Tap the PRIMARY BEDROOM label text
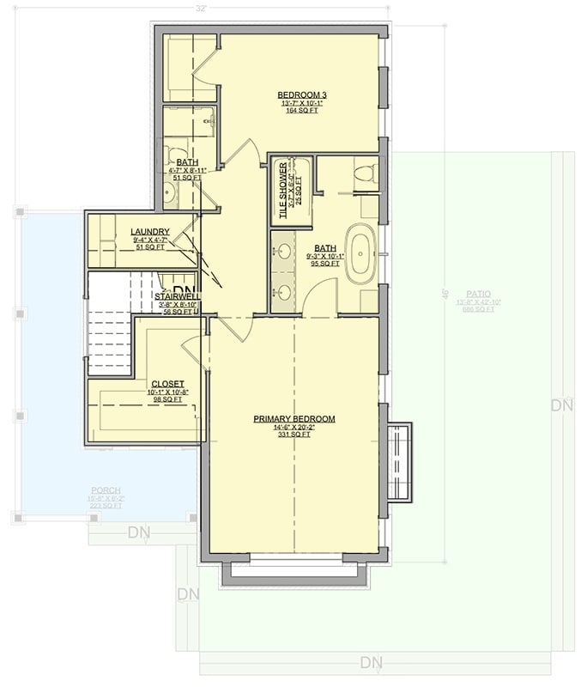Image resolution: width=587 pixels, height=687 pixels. [x=293, y=419]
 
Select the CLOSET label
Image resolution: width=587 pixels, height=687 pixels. [x=167, y=384]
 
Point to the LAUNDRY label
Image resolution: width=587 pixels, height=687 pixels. [x=150, y=232]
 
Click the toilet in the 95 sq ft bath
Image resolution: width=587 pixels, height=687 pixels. [x=365, y=172]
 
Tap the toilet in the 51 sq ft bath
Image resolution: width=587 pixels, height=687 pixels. [x=179, y=155]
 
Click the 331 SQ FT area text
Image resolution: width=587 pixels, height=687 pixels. [x=293, y=435]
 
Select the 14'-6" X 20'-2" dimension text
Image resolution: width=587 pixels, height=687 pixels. [x=293, y=428]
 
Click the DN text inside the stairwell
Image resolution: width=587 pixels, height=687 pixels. [x=184, y=291]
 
